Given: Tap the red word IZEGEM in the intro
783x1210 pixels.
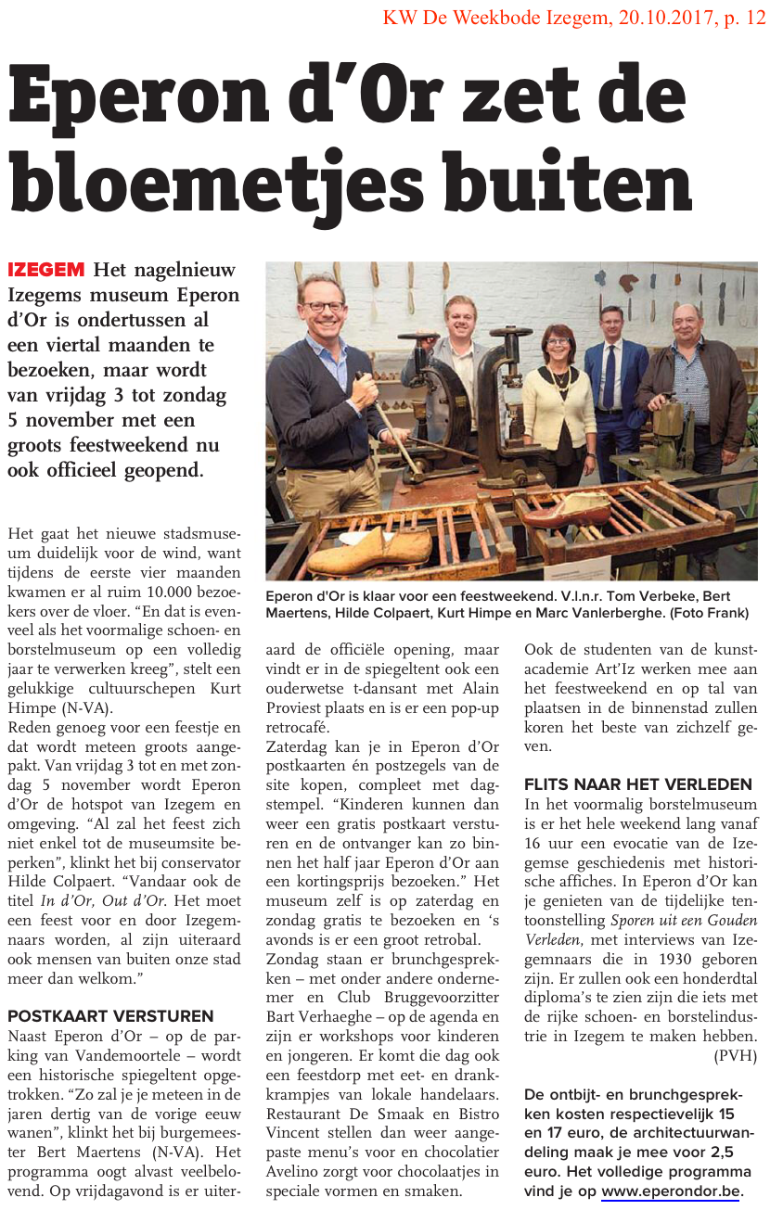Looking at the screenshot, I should point(45,271).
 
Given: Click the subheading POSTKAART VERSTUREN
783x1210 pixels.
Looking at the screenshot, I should point(110,1016).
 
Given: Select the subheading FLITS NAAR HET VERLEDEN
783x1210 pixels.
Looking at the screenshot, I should point(638,783).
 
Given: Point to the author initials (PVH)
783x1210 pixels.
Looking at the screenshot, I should point(736,1055).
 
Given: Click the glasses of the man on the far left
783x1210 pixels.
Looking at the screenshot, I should point(324,307).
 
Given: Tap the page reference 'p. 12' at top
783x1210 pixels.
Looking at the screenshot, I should point(746,18).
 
